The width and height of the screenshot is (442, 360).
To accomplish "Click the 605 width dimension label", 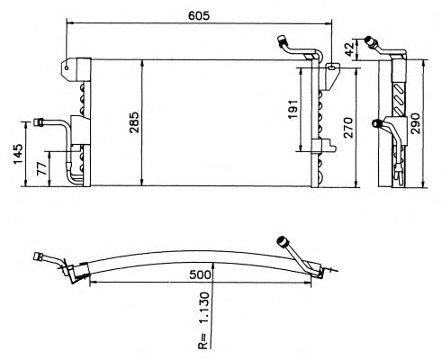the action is (x=199, y=15).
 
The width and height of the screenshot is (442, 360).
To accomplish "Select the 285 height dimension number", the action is (x=134, y=122).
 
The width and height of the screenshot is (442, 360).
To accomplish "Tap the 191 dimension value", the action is (x=293, y=108).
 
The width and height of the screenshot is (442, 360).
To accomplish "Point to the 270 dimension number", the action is (x=348, y=128).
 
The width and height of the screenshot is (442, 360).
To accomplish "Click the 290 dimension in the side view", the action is (x=416, y=123).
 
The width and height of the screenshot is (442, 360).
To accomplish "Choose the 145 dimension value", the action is (x=18, y=154).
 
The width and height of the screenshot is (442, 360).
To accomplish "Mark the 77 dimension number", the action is (x=42, y=168).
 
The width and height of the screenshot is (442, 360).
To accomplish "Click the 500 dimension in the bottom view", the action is (x=200, y=274).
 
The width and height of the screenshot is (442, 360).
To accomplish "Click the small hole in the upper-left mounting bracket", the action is (x=67, y=67).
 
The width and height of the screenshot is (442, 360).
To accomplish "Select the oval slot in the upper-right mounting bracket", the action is (x=331, y=67).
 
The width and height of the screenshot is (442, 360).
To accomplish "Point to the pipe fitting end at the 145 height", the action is (x=39, y=122).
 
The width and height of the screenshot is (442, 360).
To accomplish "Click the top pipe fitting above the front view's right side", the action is (x=283, y=40).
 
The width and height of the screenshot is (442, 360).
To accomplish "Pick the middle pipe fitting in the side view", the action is (x=376, y=123).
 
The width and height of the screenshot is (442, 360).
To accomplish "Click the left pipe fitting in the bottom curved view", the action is (x=39, y=257).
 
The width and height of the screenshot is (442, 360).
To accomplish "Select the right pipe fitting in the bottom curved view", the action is (x=282, y=241).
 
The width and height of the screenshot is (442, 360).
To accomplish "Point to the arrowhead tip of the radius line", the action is (x=212, y=262).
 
